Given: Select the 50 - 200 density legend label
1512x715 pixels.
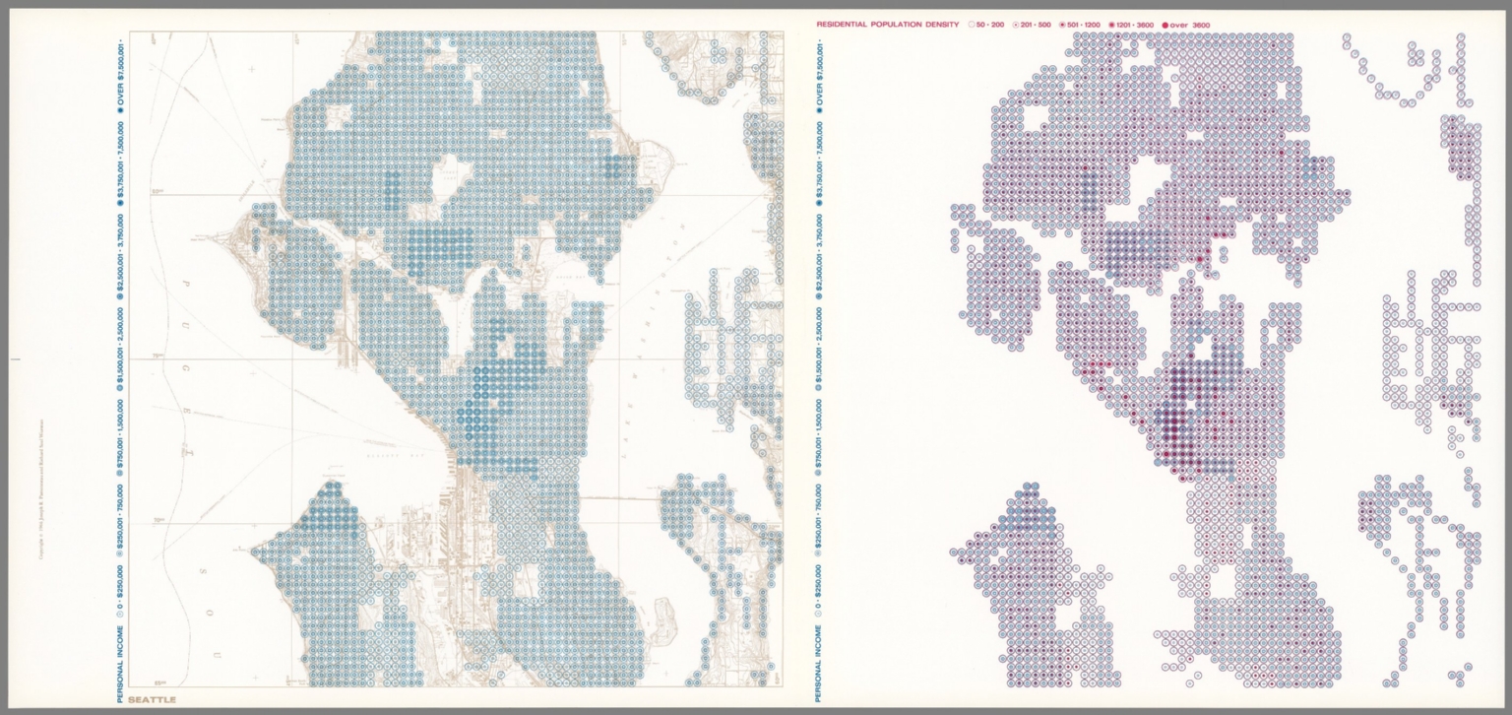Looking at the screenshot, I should [x=990, y=24].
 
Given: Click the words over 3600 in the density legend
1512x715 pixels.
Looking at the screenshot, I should [x=1192, y=24].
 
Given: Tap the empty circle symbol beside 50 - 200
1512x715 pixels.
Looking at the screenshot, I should [x=972, y=24].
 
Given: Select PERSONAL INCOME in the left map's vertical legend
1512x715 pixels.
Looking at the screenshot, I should [x=119, y=654].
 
